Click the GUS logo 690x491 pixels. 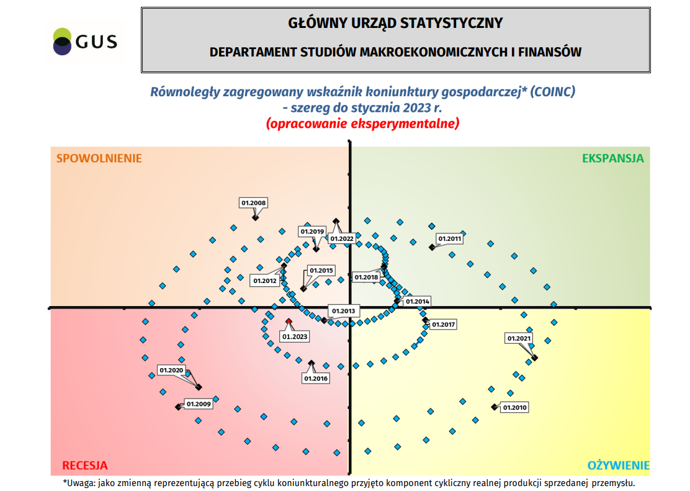85,42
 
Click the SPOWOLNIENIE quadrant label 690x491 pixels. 99,158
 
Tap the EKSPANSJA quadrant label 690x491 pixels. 613,158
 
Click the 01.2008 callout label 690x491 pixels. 253,203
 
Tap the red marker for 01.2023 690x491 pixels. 289,321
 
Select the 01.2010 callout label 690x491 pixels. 514,408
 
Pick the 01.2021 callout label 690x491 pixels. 519,338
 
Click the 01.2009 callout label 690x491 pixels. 199,404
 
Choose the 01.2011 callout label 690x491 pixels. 450,238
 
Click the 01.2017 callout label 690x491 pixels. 444,325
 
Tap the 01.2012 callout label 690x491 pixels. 265,281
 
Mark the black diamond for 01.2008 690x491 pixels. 255,217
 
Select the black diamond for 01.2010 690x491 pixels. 494,407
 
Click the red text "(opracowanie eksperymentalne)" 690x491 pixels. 363,124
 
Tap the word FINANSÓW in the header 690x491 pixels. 550,52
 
